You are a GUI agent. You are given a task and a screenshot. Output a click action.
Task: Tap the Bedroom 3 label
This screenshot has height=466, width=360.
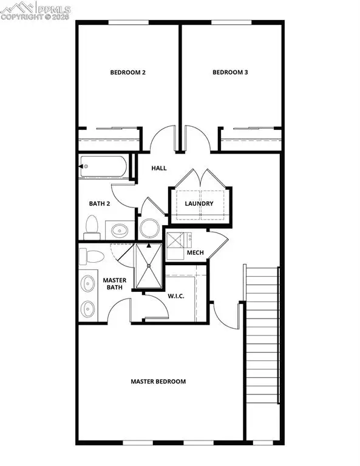(231, 73)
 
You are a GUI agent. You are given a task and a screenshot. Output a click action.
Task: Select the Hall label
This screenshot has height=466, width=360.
(159, 168)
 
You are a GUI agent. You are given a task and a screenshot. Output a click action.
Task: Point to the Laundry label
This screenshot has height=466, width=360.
(199, 204)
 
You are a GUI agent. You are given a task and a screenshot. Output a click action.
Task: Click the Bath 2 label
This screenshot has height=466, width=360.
(100, 204)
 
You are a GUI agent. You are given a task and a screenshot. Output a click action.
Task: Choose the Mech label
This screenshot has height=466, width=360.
(195, 253)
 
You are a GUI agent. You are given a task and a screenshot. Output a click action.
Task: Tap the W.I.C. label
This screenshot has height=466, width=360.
(175, 296)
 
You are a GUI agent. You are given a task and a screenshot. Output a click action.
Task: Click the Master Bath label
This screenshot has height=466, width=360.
(114, 284)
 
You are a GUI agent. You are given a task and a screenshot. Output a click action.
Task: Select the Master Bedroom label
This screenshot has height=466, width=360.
(158, 382)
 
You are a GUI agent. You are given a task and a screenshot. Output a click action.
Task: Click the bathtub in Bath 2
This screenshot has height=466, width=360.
(104, 166)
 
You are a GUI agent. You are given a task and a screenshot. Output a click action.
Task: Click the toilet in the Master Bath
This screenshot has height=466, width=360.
(88, 256)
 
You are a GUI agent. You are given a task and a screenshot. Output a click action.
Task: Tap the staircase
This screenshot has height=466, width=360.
(262, 352)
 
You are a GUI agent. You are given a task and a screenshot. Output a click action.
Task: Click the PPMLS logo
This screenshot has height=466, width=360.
(36, 10)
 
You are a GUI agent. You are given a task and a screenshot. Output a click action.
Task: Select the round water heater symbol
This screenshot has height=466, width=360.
(149, 228)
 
